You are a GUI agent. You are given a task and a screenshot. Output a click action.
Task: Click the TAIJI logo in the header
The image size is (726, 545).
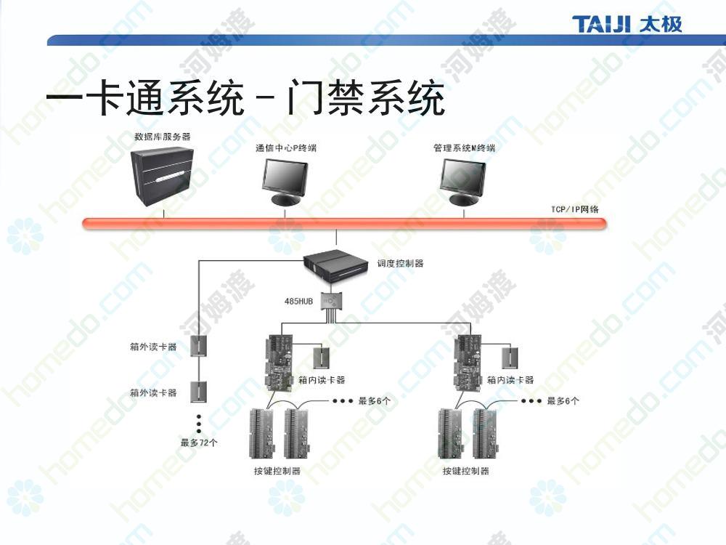pyautogui.click(x=627, y=24)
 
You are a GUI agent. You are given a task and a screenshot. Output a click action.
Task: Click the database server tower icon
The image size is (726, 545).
pyautogui.click(x=161, y=176)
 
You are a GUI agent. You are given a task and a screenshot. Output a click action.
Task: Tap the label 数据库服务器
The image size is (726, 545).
pyautogui.click(x=163, y=137)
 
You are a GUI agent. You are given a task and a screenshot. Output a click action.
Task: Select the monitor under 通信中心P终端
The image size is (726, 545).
pyautogui.click(x=285, y=182)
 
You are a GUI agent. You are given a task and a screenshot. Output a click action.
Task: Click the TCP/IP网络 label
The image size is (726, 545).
pyautogui.click(x=574, y=209)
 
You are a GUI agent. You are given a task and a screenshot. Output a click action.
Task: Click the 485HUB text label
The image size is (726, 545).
pyautogui.click(x=298, y=302)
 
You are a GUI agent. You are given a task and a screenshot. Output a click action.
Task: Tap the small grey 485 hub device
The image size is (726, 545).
pyautogui.click(x=332, y=302)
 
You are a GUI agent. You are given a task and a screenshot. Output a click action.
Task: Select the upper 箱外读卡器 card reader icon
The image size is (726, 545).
pyautogui.click(x=199, y=345)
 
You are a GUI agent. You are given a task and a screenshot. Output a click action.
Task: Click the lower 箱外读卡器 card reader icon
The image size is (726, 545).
pyautogui.click(x=199, y=392)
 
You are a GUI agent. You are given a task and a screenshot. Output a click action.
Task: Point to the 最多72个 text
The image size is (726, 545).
pyautogui.click(x=199, y=443)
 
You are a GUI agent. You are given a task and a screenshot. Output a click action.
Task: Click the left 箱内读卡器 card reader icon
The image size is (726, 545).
pyautogui.click(x=321, y=357)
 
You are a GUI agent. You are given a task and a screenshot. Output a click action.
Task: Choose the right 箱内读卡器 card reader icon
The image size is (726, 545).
pyautogui.click(x=510, y=357)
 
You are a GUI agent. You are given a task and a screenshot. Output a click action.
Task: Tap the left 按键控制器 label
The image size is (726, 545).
pyautogui.click(x=277, y=471)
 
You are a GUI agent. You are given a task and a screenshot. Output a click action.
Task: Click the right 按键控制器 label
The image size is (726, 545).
pyautogui.click(x=466, y=471)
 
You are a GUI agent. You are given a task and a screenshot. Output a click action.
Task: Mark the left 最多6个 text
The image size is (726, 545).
pyautogui.click(x=374, y=401)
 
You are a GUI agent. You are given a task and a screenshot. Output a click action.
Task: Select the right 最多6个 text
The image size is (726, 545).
pyautogui.click(x=563, y=401)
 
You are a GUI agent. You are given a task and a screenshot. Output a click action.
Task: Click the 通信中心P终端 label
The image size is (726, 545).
pyautogui.click(x=286, y=148)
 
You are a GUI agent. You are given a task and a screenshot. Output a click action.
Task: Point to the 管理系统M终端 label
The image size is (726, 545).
pyautogui.click(x=465, y=148)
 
